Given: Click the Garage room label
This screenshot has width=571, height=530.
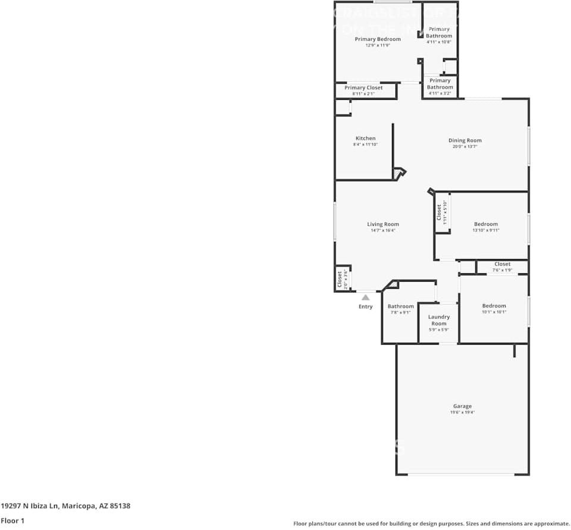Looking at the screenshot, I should [462, 406].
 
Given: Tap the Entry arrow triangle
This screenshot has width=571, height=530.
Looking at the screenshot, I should [366, 297].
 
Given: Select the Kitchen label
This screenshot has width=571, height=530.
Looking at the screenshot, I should [365, 138].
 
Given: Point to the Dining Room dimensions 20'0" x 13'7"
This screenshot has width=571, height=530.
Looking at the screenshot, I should [465, 147].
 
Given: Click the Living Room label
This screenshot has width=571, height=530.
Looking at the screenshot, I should [382, 224].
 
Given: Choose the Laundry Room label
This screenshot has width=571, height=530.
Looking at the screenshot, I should [439, 320].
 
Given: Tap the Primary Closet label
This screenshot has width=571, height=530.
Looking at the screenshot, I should [363, 87].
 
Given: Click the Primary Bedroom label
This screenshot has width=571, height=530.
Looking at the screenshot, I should [378, 39].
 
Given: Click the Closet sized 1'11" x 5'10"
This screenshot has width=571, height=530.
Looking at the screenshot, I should [441, 212].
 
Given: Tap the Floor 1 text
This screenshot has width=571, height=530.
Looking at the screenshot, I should [12, 520].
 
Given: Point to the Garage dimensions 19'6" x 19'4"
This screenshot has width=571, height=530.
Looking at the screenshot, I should [462, 412].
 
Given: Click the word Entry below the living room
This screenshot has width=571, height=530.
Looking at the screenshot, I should [366, 307].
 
